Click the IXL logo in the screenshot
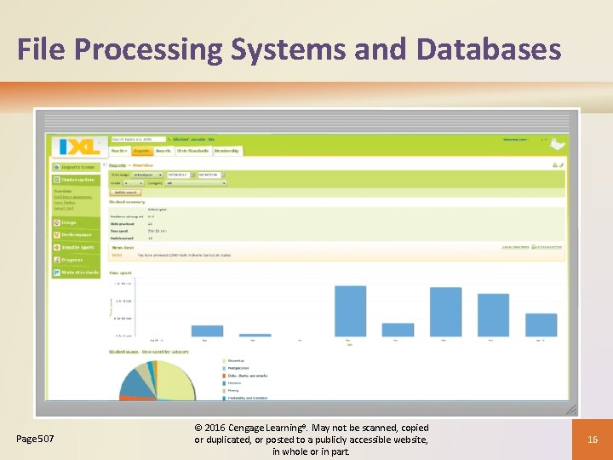tap(77, 147)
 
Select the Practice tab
tap(118, 151)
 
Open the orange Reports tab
tap(140, 151)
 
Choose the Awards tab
tap(163, 151)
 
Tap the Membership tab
tap(226, 151)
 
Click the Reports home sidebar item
tap(77, 167)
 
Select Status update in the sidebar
tap(77, 180)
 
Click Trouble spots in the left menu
tap(77, 247)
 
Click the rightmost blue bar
tap(541, 325)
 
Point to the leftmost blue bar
tap(207, 331)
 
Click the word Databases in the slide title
tap(489, 49)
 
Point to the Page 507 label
tap(36, 439)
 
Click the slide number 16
tap(592, 439)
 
